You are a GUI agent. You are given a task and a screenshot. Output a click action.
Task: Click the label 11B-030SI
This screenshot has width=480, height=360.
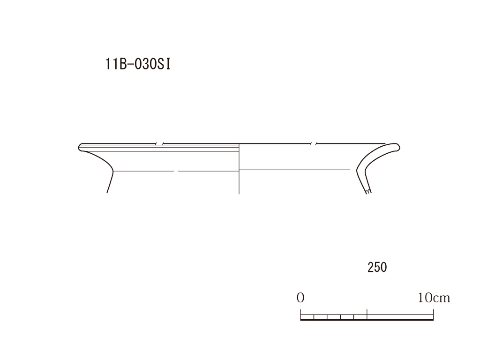coord(137,64)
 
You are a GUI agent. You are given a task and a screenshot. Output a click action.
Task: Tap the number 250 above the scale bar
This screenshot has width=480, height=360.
coord(377,267)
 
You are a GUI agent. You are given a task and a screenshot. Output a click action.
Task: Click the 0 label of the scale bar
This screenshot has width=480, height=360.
coord(300,298)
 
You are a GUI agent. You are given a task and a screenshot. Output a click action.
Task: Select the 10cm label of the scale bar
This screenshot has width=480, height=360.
coord(434,298)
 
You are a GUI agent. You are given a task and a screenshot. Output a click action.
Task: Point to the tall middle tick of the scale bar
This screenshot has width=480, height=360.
coord(367,314)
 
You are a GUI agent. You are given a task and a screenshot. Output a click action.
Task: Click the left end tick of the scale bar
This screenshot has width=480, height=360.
coord(300,315)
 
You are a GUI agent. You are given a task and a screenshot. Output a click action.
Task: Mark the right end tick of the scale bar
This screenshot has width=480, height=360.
coord(433,315)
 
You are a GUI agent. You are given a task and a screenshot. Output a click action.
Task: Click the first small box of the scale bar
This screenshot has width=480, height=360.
coord(307,317)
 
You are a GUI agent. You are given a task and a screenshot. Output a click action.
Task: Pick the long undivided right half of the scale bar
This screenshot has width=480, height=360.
coord(400,317)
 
